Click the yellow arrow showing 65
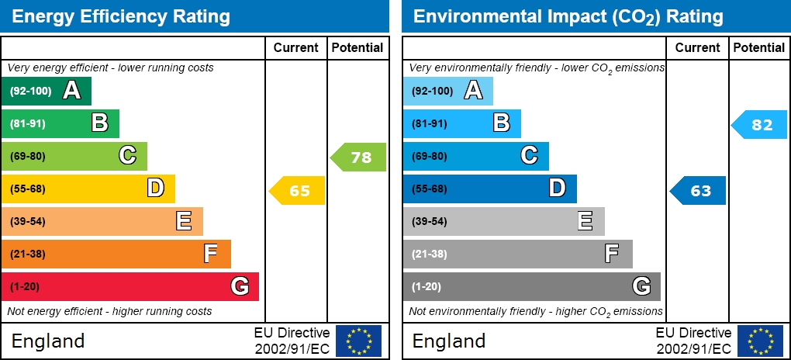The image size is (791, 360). tap(297, 190)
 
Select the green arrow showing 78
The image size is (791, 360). tap(358, 157)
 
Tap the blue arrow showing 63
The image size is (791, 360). tap(698, 190)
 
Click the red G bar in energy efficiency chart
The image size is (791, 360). tap(130, 286)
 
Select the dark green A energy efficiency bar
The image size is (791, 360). tap(47, 91)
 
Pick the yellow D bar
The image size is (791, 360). tap(88, 189)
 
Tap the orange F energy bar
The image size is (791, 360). tap(116, 254)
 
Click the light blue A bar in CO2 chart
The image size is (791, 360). tap(447, 91)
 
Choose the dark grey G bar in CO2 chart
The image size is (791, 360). tap(531, 286)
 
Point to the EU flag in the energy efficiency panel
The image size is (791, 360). tap(358, 341)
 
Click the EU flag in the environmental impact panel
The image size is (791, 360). tap(760, 341)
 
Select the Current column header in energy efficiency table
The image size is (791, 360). tap(296, 47)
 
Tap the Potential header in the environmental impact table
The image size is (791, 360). tap(759, 47)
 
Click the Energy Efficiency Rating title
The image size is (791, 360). tap(121, 16)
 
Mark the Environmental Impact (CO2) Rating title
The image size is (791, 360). tap(568, 16)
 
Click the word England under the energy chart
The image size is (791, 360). tap(48, 341)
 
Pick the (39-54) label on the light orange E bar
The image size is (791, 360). tap(28, 222)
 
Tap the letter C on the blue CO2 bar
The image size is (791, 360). tap(529, 156)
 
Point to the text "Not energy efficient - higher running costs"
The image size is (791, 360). tap(109, 312)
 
